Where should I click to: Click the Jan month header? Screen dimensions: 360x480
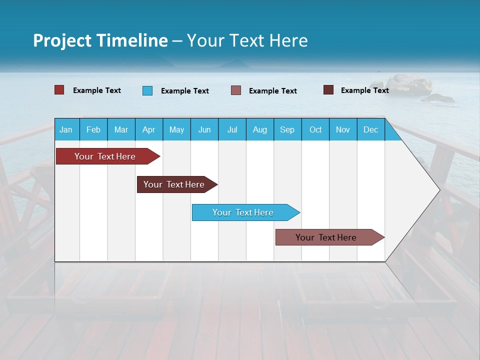tap(66, 129)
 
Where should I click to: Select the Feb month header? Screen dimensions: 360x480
tap(93, 129)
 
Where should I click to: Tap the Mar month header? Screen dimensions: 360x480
tap(121, 129)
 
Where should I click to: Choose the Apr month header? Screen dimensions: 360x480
tap(149, 129)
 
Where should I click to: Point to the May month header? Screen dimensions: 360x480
tap(176, 129)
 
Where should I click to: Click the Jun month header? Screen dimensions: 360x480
tap(204, 129)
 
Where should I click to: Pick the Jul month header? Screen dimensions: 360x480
tap(232, 129)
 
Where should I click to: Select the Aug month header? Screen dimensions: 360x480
tap(260, 129)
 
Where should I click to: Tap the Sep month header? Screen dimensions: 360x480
tap(287, 129)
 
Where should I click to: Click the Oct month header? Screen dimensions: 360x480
tap(315, 129)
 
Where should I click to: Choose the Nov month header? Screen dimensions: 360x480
tap(343, 129)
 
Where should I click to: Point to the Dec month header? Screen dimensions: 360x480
tap(371, 129)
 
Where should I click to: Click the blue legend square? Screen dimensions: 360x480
tap(147, 90)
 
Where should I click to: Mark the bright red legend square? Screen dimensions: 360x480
tap(59, 90)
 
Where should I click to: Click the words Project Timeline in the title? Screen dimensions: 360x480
tap(100, 40)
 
